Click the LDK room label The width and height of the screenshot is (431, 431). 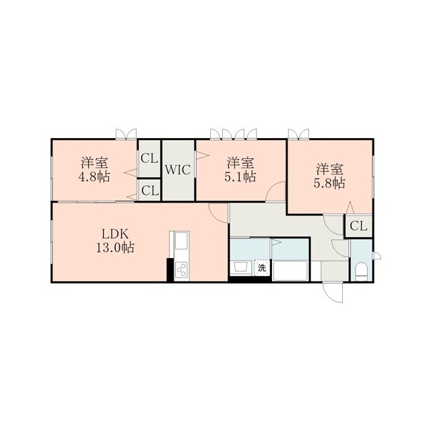[115, 234]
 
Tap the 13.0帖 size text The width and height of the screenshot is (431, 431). [115, 247]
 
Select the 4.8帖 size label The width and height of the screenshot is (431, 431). [94, 176]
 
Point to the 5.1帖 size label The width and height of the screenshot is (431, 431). [240, 176]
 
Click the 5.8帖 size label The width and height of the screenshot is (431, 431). [329, 183]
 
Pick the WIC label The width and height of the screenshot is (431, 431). [178, 170]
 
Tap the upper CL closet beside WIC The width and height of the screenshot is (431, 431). [150, 158]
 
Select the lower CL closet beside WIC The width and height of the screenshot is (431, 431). [150, 190]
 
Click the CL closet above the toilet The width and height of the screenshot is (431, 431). [358, 226]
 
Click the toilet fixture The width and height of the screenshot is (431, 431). [361, 271]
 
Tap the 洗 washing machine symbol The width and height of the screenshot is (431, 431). [262, 267]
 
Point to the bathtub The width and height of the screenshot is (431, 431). [290, 271]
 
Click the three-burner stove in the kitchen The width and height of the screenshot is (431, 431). [182, 271]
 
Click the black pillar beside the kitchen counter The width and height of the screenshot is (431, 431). [170, 270]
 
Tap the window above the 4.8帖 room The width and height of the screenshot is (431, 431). [126, 134]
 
